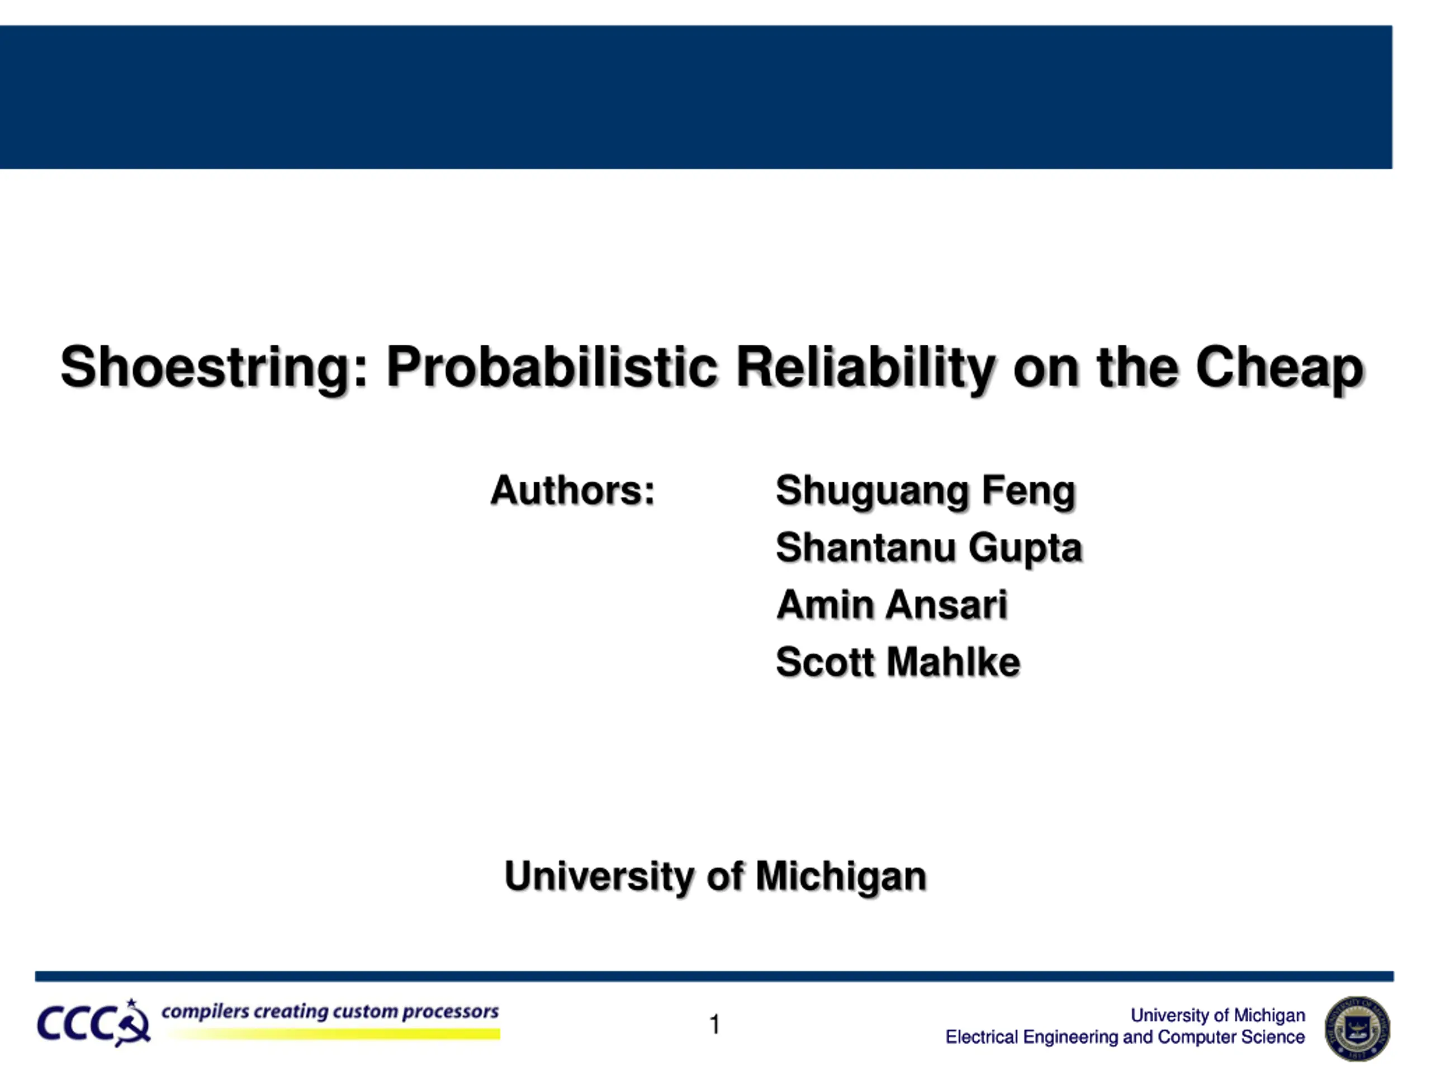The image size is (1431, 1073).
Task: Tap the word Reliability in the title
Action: coord(865,367)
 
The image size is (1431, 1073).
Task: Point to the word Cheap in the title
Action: coord(1280,367)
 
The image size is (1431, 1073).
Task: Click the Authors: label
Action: coord(572,490)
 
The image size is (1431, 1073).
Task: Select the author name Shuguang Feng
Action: coord(926,492)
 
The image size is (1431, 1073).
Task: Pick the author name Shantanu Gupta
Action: coord(929,548)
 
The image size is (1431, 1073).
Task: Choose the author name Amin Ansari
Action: coord(892,605)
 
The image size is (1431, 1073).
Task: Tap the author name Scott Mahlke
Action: coord(898,662)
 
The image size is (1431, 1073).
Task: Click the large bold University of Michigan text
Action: coord(715,877)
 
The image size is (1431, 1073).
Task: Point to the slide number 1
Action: coord(715,1024)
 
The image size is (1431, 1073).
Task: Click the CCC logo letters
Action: coord(94,1024)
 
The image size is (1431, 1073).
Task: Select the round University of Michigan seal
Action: coord(1357,1028)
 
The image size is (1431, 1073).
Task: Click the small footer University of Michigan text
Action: coord(1217,1015)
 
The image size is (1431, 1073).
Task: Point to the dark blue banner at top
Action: coord(696,97)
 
